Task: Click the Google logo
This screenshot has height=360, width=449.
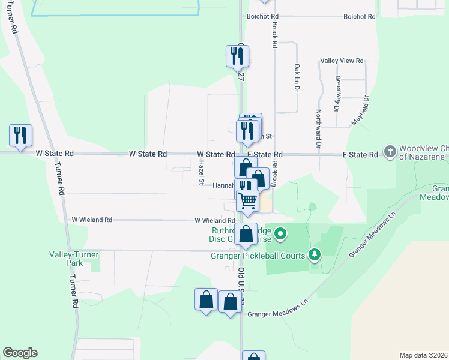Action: click(x=20, y=353)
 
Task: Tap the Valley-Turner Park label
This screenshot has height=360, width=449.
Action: click(x=74, y=259)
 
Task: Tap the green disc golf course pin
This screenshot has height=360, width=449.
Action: click(x=281, y=233)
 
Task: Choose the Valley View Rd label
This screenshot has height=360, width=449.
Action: click(x=342, y=61)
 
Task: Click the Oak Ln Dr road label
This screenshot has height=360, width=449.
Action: click(x=297, y=77)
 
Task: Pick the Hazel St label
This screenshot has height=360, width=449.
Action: click(x=202, y=173)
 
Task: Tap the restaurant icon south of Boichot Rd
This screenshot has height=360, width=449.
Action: click(x=237, y=56)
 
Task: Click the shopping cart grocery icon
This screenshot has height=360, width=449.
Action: click(x=247, y=200)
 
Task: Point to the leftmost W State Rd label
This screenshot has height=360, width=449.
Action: click(x=55, y=154)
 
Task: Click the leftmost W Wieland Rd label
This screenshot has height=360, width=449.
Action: click(x=92, y=220)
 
